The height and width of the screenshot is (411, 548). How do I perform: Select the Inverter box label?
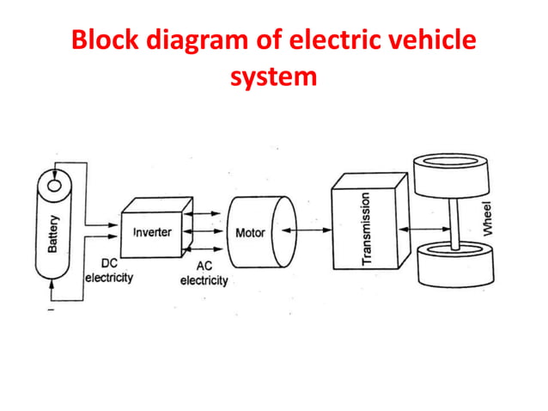pyautogui.click(x=152, y=233)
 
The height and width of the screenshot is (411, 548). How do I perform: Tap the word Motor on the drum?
pyautogui.click(x=250, y=233)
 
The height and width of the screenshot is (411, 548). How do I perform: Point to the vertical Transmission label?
pyautogui.click(x=366, y=228)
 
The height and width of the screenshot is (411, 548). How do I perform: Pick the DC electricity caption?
pyautogui.click(x=108, y=273)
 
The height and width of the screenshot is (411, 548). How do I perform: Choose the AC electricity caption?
pyautogui.click(x=204, y=274)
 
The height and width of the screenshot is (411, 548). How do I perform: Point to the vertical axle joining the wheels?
pyautogui.click(x=453, y=220)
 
